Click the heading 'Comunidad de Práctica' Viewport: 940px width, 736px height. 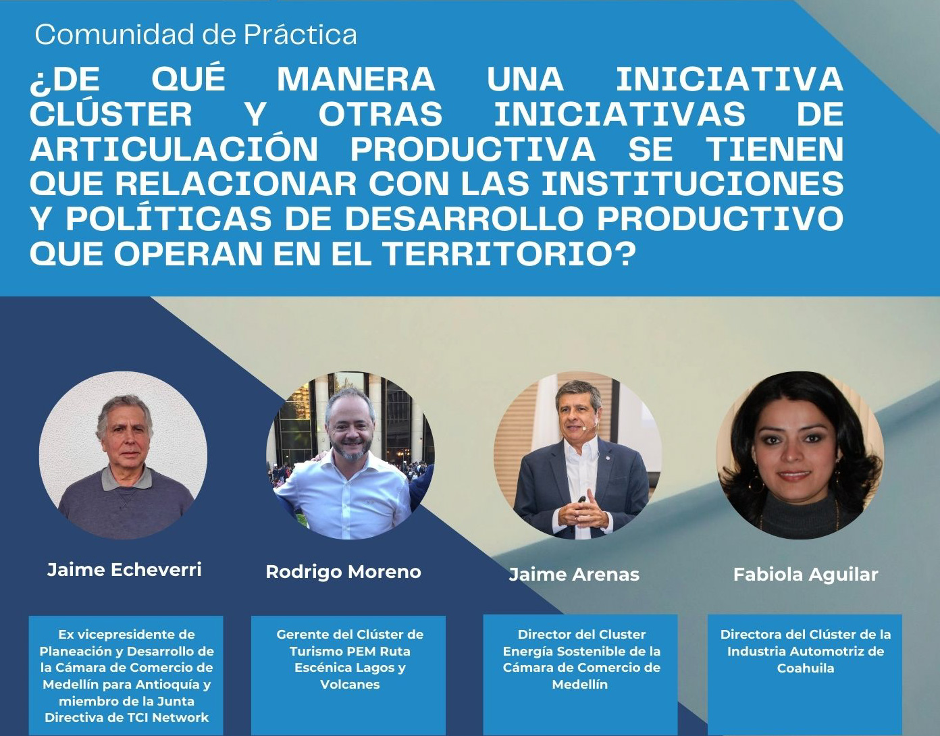[x=196, y=34]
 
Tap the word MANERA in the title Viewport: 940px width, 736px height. [x=356, y=79]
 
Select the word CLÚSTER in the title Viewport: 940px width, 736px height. [x=111, y=113]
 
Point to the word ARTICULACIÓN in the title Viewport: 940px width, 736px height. [x=174, y=149]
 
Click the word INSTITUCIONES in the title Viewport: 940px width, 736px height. [x=693, y=184]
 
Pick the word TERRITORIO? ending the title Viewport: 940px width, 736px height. [x=510, y=254]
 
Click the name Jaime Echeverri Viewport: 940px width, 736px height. [x=124, y=569]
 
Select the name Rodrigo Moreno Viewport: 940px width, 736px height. [x=344, y=572]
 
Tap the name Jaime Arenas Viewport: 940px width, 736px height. [x=574, y=575]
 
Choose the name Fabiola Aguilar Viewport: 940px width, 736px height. [x=806, y=575]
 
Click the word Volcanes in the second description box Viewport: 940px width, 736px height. [x=350, y=685]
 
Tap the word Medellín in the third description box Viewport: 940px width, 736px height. [x=580, y=685]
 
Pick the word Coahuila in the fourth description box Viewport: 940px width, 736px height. [x=806, y=668]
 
